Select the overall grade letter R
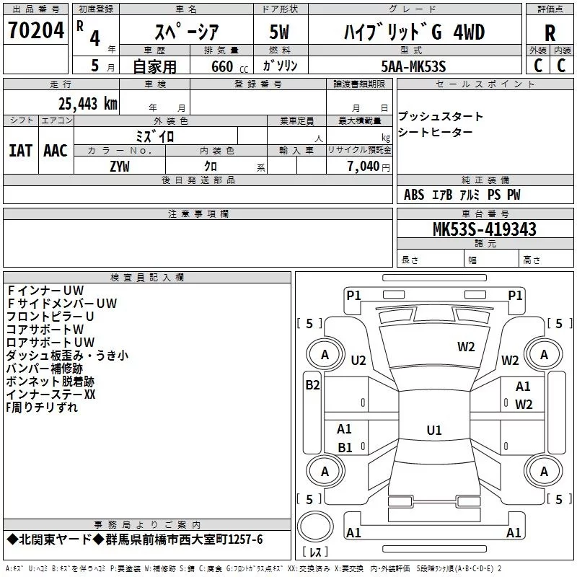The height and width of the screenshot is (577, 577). [550, 34]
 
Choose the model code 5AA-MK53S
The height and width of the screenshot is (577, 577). [413, 66]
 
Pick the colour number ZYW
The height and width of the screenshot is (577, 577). [120, 167]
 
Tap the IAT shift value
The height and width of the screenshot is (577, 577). [20, 150]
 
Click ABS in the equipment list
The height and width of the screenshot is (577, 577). [414, 195]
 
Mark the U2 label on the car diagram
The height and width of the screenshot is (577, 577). [358, 360]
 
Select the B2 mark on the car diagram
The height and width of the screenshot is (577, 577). [312, 385]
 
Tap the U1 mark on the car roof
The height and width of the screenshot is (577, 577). [433, 430]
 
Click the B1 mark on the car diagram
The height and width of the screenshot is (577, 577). [345, 447]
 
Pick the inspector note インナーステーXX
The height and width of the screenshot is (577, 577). [50, 394]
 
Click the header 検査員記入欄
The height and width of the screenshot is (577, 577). [147, 278]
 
